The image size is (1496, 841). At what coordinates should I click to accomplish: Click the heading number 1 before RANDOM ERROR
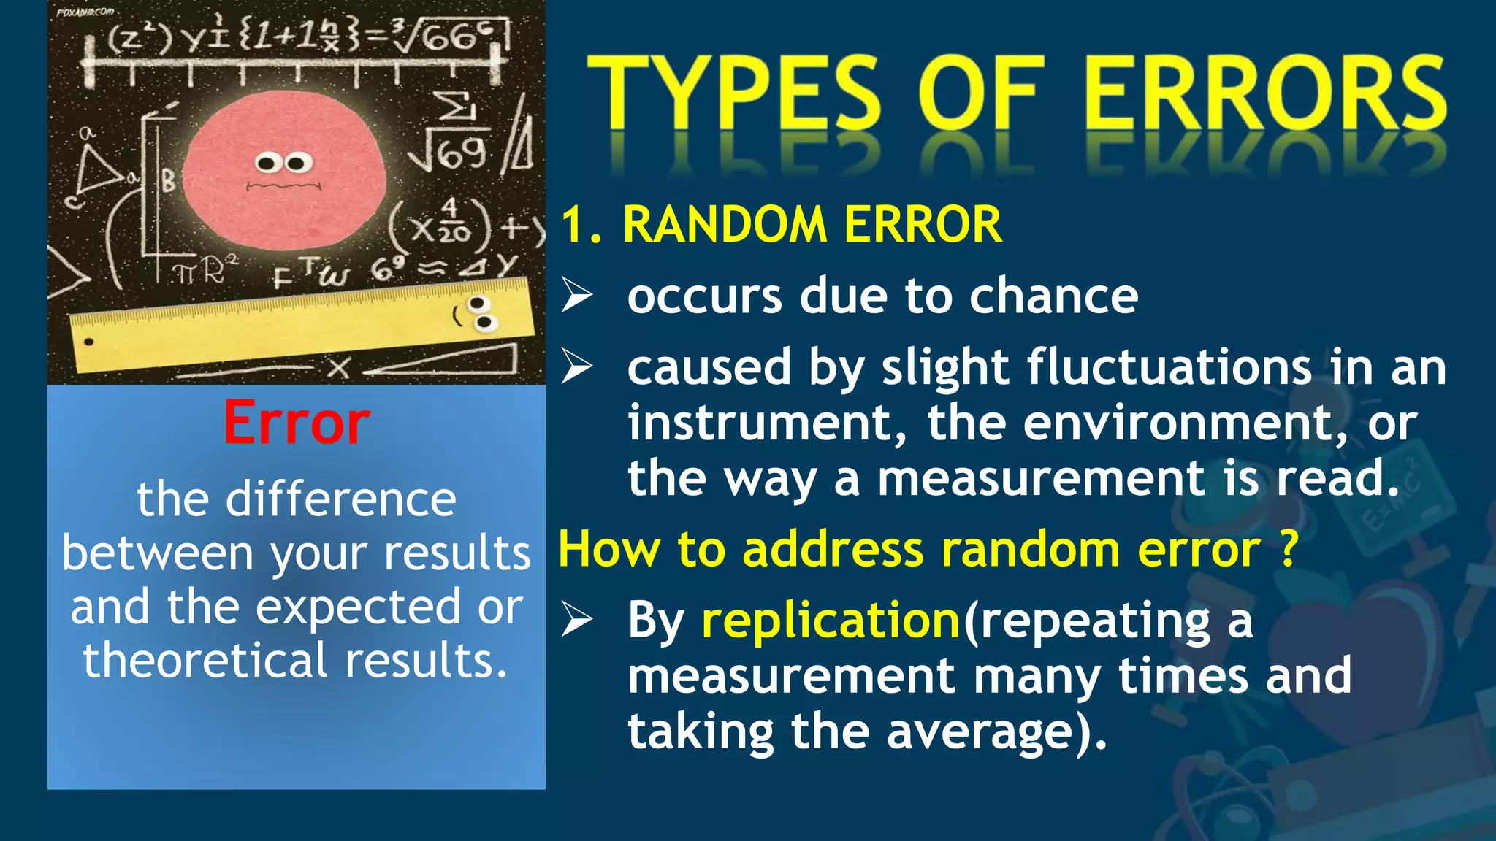pyautogui.click(x=575, y=224)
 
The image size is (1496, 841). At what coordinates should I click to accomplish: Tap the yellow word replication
pyautogui.click(x=831, y=620)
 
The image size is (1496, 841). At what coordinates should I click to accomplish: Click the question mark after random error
pyautogui.click(x=1289, y=548)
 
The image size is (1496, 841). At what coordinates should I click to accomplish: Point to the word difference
pyautogui.click(x=340, y=499)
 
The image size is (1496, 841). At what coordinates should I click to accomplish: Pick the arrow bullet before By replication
pyautogui.click(x=576, y=620)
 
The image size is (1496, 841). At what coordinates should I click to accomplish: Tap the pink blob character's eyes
pyautogui.click(x=283, y=162)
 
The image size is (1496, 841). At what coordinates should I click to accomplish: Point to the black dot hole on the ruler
pyautogui.click(x=89, y=342)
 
